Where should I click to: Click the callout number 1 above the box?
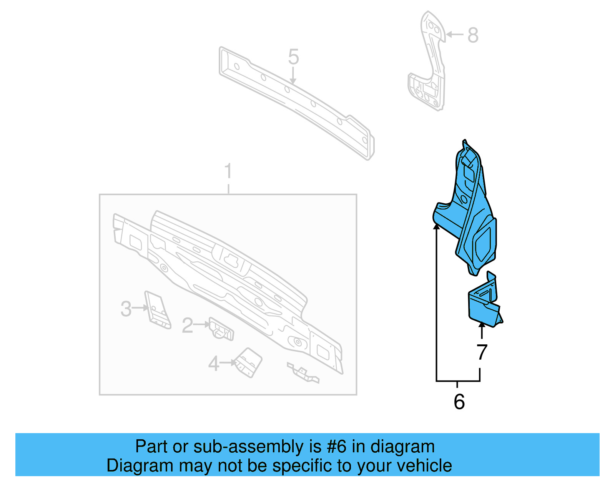point(228,171)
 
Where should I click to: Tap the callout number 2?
point(187,326)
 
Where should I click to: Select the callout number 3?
point(126,309)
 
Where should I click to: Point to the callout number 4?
point(214,363)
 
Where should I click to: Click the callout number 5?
point(293,57)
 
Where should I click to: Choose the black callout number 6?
point(459,402)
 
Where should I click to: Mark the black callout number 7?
point(482,352)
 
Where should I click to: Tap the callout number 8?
point(473,35)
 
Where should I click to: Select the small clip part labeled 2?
point(221,329)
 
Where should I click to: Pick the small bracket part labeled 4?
point(249,363)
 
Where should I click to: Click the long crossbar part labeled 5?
point(296,102)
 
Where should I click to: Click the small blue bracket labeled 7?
point(484,304)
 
